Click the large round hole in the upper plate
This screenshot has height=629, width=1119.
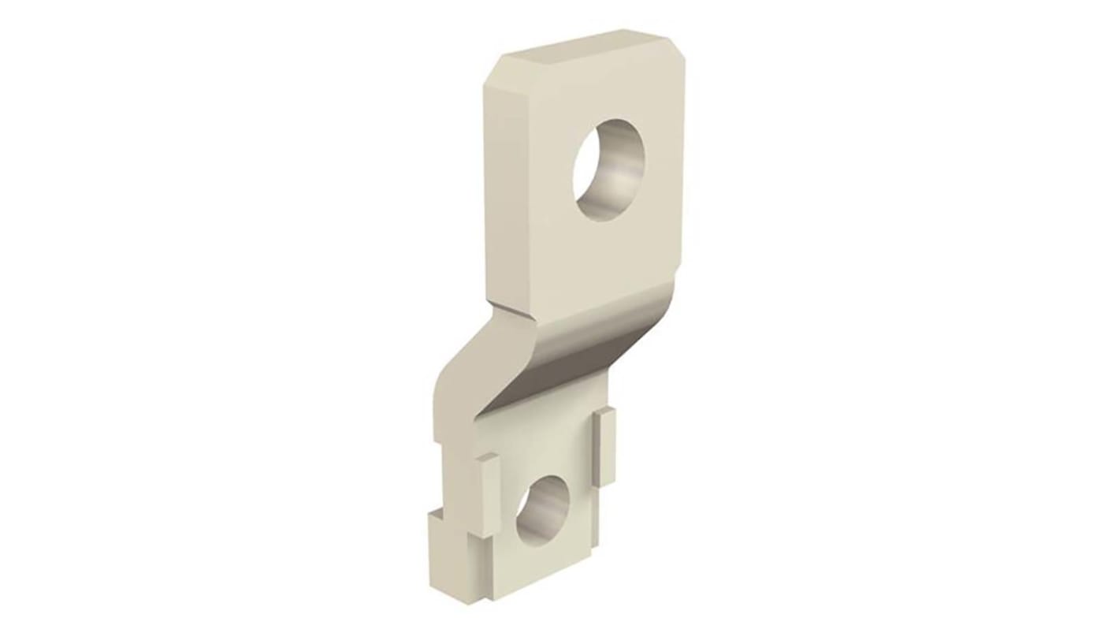click(608, 169)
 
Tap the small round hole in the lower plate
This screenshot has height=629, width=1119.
click(542, 512)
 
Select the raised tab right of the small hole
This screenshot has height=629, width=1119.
click(604, 445)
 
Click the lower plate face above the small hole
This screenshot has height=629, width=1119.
click(544, 453)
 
